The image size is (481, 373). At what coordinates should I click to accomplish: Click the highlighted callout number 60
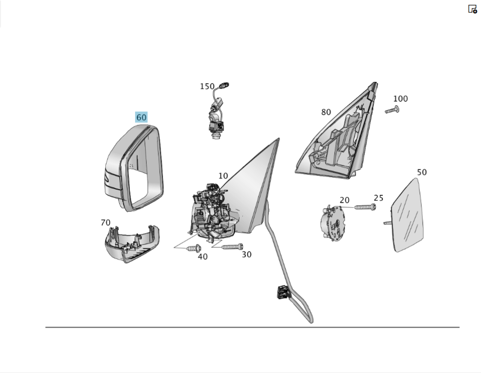[x=141, y=117]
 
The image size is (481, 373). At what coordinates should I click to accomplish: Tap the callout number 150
[x=207, y=87]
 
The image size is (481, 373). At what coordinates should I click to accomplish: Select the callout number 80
[x=326, y=112]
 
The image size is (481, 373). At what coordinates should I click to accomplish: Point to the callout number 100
[x=401, y=99]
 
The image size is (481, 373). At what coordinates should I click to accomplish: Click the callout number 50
[x=422, y=172]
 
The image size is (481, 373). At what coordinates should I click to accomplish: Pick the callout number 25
[x=379, y=198]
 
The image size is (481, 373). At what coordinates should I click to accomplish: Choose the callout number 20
[x=344, y=200]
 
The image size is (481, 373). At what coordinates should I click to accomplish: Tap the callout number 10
[x=223, y=176]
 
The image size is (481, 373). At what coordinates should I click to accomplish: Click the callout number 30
[x=247, y=255]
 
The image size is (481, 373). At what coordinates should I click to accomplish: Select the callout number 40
[x=203, y=257]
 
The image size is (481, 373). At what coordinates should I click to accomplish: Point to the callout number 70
[x=105, y=222]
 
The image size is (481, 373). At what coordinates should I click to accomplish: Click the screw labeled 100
[x=392, y=110]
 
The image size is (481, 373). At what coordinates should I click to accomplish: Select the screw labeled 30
[x=232, y=247]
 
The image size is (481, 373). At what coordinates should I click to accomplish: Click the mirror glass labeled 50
[x=407, y=215]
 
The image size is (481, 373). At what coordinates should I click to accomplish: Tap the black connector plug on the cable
[x=284, y=292]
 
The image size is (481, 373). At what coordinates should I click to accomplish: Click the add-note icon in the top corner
[x=472, y=9]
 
